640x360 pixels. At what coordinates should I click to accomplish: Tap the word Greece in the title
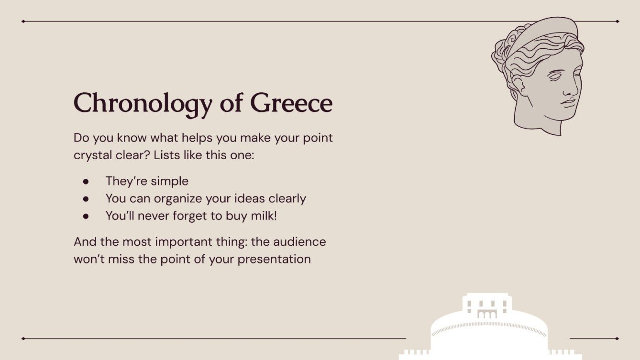click(x=291, y=103)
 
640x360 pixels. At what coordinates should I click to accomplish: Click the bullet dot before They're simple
click(x=86, y=182)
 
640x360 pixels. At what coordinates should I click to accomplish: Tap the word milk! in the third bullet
click(x=264, y=216)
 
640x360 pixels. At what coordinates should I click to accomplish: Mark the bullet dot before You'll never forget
click(x=86, y=216)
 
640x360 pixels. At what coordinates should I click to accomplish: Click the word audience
click(x=299, y=241)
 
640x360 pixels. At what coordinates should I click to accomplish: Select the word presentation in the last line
click(x=274, y=259)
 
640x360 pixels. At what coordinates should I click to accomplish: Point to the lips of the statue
click(x=569, y=102)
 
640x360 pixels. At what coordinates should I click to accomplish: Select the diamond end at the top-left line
click(x=23, y=22)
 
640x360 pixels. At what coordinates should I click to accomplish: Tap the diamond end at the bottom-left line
click(x=23, y=338)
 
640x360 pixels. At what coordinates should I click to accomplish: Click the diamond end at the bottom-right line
click(x=617, y=338)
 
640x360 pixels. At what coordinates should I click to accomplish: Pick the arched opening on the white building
click(x=487, y=315)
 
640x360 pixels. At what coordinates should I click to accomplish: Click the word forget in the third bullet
click(x=178, y=216)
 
